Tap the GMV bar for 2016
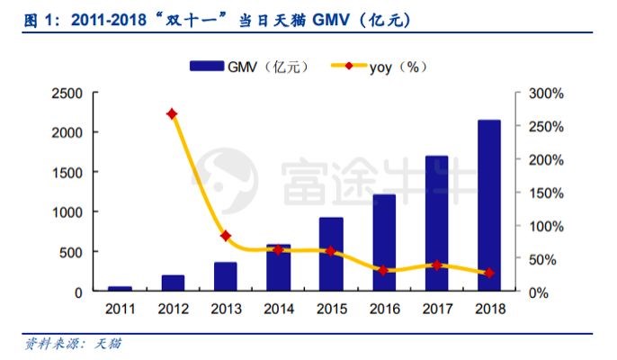coord(384,243)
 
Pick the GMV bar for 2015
coord(331,255)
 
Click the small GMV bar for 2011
coord(120,289)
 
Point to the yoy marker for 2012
coord(172,114)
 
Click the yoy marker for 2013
coord(225,236)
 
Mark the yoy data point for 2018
coord(488,273)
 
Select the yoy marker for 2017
coord(436,265)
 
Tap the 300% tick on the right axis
coord(546,93)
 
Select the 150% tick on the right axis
coord(546,193)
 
